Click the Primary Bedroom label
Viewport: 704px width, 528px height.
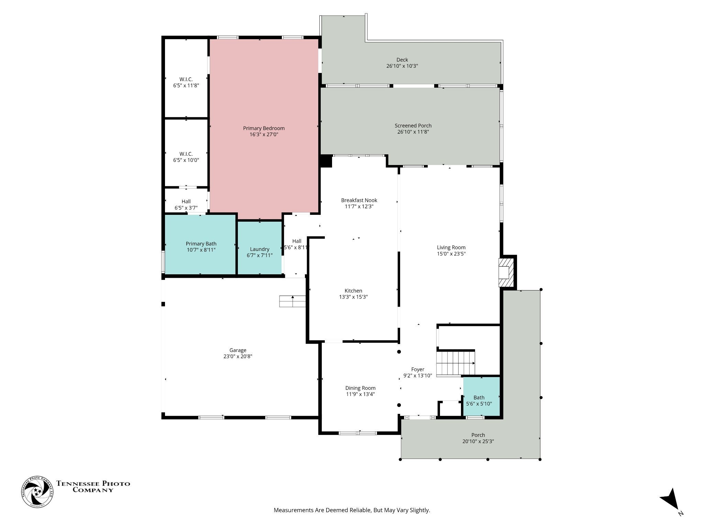click(x=264, y=128)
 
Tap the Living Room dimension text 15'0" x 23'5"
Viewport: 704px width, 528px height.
click(x=451, y=254)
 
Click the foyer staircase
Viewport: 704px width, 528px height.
click(x=456, y=363)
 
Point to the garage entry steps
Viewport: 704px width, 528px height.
click(x=293, y=301)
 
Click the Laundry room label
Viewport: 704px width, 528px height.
click(x=260, y=249)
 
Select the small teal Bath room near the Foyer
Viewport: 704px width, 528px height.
click(x=481, y=397)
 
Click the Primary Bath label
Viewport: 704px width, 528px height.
click(x=201, y=244)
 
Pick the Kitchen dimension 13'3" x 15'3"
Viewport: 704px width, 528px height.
click(x=353, y=297)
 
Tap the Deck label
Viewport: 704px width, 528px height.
click(x=402, y=60)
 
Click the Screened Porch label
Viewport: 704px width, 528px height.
click(x=413, y=125)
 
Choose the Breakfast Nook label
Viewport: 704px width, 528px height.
click(x=359, y=200)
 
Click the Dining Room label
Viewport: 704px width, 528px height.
click(x=360, y=388)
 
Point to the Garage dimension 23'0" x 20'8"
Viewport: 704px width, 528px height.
click(x=238, y=356)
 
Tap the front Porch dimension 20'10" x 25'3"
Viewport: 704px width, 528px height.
click(x=478, y=441)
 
